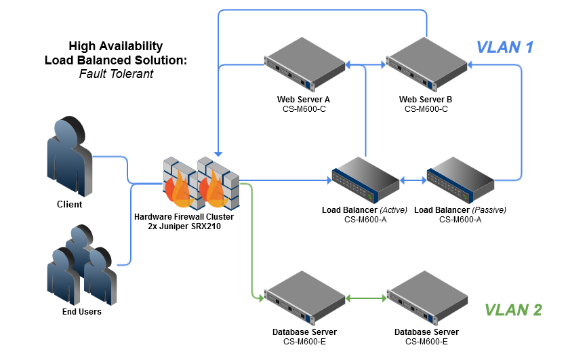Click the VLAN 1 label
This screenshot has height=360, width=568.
click(505, 47)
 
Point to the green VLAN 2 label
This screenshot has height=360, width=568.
click(513, 310)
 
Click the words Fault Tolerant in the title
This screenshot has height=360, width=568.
click(115, 73)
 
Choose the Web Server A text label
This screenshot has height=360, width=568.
click(303, 100)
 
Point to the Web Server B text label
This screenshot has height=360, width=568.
click(426, 100)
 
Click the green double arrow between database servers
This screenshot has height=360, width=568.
click(366, 298)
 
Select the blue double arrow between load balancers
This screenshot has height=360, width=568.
click(413, 180)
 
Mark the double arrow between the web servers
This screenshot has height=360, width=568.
click(365, 66)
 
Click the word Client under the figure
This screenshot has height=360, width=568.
click(69, 204)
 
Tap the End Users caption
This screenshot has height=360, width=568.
click(81, 312)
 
